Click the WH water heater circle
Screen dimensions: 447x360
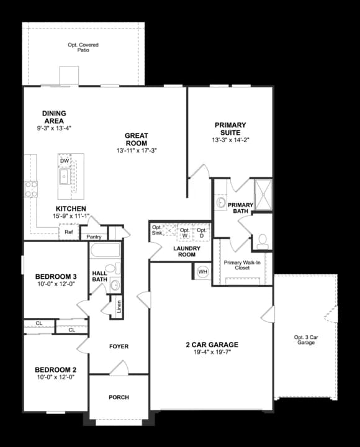pos(202,272)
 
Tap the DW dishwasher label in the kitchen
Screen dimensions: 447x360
pos(64,161)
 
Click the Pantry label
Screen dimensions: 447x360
pos(94,237)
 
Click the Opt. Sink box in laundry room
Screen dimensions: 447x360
pos(157,230)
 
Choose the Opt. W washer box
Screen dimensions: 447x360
pos(184,232)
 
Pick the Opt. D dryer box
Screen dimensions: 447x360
pos(202,232)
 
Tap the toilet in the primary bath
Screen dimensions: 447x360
pos(262,239)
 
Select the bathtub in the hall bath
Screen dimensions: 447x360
pos(105,251)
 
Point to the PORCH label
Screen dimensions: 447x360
pos(119,397)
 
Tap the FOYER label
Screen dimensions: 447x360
pos(119,346)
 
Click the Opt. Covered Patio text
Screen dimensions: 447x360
pos(83,48)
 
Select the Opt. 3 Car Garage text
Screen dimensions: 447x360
pos(306,340)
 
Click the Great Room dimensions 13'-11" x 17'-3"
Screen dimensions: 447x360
pos(136,151)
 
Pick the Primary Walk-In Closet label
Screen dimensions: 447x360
pos(241,266)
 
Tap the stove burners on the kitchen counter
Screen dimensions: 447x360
pos(30,189)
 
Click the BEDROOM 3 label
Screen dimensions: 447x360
pos(56,276)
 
